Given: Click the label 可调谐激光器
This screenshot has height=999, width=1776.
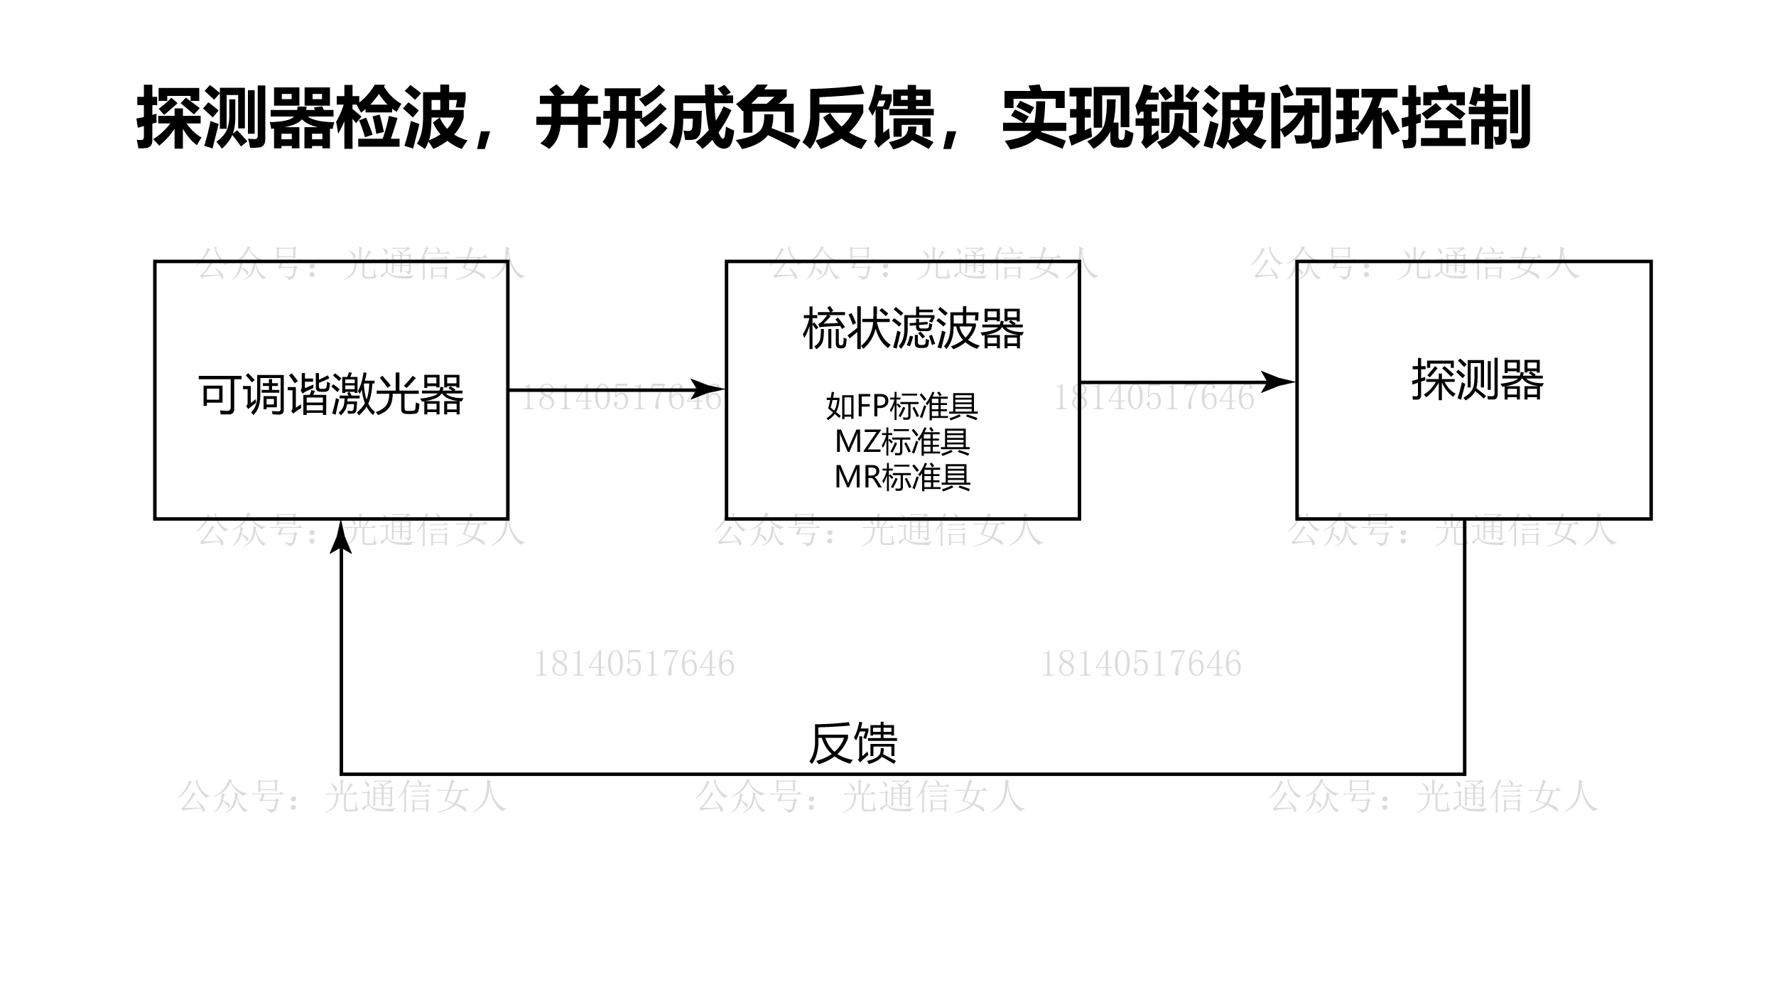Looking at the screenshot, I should tap(331, 395).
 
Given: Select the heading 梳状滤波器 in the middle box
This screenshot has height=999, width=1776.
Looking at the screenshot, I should tap(913, 329).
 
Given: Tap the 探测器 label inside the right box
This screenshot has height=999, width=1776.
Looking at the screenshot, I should tap(1477, 380).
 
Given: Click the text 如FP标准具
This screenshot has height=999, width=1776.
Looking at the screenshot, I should tap(902, 406).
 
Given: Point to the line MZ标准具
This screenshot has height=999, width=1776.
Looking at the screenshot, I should tap(902, 441).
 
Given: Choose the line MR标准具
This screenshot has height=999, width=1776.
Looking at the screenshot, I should tap(902, 477).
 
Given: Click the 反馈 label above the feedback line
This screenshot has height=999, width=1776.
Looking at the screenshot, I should tap(852, 743).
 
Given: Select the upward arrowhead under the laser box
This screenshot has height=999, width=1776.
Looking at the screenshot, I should tap(342, 537).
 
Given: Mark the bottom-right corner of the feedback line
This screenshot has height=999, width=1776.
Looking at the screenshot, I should tap(1464, 774).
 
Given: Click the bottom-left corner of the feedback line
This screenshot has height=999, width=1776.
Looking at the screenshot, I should tap(342, 774).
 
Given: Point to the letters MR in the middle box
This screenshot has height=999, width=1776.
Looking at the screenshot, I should tap(857, 477).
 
